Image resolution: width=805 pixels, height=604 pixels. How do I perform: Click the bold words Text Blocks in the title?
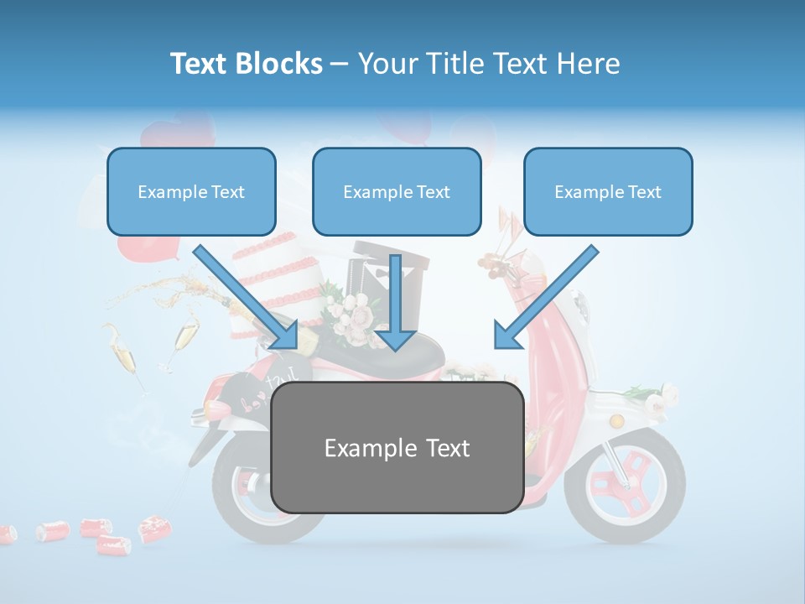246,64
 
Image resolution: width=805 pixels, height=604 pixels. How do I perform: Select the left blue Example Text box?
191,192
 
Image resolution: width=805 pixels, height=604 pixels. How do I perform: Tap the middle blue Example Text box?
397,192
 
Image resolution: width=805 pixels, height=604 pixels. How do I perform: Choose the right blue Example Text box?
608,192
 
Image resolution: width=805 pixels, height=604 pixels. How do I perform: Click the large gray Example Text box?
397,448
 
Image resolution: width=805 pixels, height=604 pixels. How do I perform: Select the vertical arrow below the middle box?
396,302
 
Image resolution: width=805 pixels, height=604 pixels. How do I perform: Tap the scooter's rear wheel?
243,495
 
